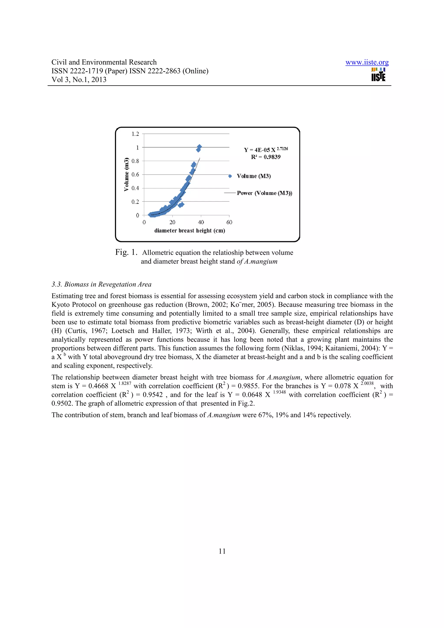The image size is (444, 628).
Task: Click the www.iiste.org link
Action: pyautogui.click(x=367, y=62)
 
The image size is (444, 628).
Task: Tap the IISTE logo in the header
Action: pyautogui.click(x=378, y=75)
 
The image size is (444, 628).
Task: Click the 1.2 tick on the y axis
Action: pyautogui.click(x=135, y=134)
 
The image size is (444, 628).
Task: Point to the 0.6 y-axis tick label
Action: pyautogui.click(x=135, y=174)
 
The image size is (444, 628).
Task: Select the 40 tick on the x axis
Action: pyautogui.click(x=201, y=222)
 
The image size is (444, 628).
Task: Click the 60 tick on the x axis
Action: pyautogui.click(x=229, y=222)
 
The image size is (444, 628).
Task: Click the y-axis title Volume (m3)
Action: pyautogui.click(x=126, y=174)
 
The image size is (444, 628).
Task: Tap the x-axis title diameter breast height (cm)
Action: pyautogui.click(x=189, y=231)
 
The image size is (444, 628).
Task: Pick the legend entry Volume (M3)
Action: pyautogui.click(x=254, y=176)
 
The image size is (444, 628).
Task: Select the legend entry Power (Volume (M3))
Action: pyautogui.click(x=264, y=193)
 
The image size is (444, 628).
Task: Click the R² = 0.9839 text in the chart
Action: pyautogui.click(x=266, y=157)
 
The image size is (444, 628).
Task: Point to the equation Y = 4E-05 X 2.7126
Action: pyautogui.click(x=266, y=150)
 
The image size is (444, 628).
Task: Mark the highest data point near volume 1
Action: pyautogui.click(x=199, y=147)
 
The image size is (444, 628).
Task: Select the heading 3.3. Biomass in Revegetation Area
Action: pyautogui.click(x=101, y=285)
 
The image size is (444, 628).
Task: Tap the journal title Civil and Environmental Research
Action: pyautogui.click(x=104, y=62)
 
